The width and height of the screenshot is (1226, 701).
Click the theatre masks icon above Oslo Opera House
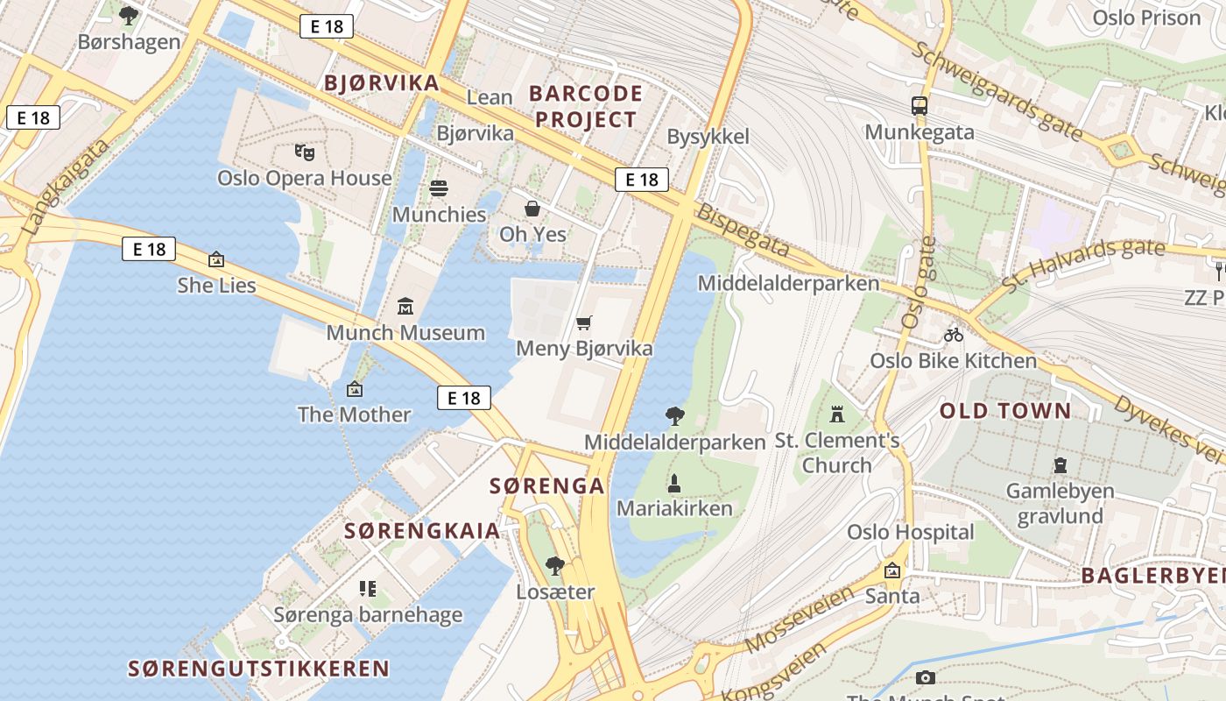point(305,152)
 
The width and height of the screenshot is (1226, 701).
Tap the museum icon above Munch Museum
point(405,307)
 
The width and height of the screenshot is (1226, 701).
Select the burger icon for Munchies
point(439,188)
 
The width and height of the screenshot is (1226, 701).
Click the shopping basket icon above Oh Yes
point(532,209)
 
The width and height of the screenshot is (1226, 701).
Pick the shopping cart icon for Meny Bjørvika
point(584,322)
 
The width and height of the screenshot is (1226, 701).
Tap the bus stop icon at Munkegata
point(919,106)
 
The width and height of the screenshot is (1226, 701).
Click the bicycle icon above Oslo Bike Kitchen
point(954,335)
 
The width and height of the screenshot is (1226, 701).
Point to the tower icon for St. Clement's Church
point(837,414)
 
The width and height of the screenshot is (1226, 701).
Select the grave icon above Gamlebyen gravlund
point(1061,465)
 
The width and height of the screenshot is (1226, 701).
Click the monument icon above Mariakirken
point(674,482)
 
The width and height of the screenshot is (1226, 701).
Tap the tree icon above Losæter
point(554,566)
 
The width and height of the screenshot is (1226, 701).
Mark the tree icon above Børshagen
point(129,15)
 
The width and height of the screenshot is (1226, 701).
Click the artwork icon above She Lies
point(216,259)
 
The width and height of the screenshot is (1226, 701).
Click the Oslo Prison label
point(1146,18)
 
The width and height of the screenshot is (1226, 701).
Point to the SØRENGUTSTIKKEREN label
point(258,669)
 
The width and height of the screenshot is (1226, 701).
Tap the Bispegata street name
point(742,231)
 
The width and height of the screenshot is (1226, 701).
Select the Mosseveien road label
point(800,620)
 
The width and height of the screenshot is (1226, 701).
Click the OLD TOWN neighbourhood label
point(1005,411)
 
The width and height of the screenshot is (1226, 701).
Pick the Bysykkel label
point(708,137)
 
